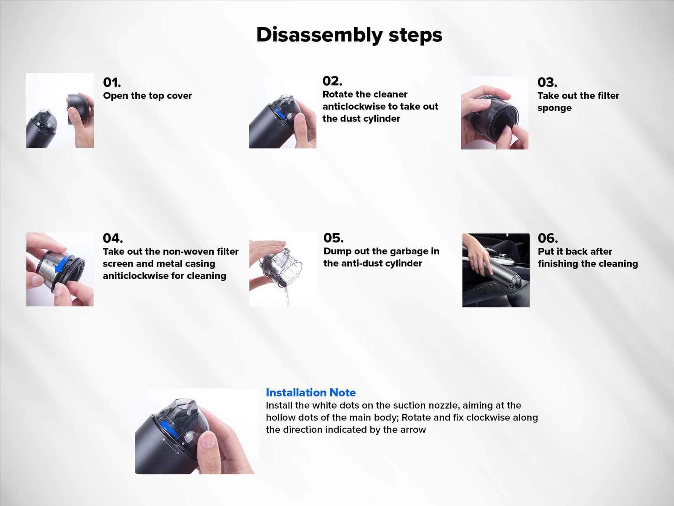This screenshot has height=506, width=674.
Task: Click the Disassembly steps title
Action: point(349,35)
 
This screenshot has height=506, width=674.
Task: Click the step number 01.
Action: point(112,82)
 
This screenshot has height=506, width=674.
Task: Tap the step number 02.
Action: point(332,81)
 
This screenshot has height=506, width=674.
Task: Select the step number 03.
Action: point(547,82)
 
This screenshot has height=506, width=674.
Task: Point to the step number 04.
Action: point(112,238)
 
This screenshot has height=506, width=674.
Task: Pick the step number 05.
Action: point(333,238)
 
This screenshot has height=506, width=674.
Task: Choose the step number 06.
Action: point(548,238)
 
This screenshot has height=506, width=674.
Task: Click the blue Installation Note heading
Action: point(310,393)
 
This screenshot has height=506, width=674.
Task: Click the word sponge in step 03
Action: point(554,108)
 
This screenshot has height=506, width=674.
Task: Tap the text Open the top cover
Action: point(147,96)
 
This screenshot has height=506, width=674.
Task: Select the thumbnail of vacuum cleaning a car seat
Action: point(495,270)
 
